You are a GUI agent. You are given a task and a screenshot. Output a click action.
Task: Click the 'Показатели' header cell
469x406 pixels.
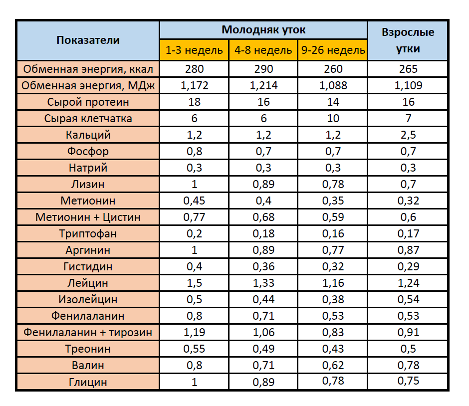(x=88, y=40)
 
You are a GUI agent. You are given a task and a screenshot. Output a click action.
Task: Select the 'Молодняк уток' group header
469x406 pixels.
(x=263, y=30)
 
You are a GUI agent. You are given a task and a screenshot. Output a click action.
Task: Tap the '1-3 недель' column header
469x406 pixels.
(x=194, y=50)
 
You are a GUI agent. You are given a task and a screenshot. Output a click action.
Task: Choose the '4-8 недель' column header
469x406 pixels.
(x=263, y=50)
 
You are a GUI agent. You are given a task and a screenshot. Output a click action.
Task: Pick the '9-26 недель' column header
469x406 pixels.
(x=333, y=50)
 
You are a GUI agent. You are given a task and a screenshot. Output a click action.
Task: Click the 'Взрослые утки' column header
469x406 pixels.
(x=408, y=40)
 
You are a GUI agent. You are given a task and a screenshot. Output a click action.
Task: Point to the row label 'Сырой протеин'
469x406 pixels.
(x=88, y=102)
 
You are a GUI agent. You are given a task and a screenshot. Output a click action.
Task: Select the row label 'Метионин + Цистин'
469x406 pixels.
(x=88, y=217)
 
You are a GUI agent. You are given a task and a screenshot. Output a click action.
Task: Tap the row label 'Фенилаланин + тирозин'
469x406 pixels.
(x=88, y=332)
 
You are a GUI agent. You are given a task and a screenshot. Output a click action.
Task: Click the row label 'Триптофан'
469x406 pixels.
(x=88, y=233)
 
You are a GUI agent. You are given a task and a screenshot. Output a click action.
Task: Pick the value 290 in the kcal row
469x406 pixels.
(x=263, y=69)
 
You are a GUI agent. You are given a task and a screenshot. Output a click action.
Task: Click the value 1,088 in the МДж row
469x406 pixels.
(x=333, y=85)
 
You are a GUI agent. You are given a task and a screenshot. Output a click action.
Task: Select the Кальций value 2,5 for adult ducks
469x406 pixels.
(x=408, y=135)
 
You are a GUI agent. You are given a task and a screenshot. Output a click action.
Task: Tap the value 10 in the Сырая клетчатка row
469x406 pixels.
(x=333, y=118)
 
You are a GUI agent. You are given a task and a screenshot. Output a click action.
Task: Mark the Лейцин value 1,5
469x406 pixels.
(x=194, y=283)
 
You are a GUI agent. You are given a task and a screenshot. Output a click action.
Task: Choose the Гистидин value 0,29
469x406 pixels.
(x=408, y=266)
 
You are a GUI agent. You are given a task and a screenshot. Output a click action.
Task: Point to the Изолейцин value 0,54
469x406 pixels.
(x=408, y=299)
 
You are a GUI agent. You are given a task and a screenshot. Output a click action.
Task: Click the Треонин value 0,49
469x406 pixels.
(x=263, y=349)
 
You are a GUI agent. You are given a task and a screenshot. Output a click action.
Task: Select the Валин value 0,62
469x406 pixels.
(x=333, y=365)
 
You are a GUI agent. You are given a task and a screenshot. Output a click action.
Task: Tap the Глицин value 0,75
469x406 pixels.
(x=408, y=381)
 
